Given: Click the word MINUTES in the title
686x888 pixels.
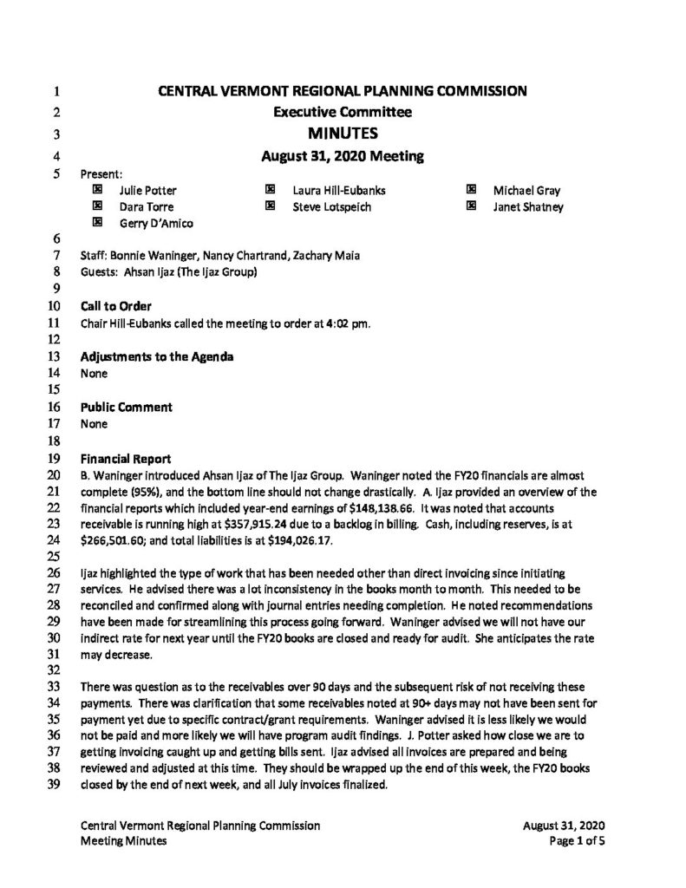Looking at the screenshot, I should [x=343, y=134].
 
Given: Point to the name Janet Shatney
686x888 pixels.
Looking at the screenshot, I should [x=528, y=206].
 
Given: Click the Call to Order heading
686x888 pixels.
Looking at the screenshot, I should [x=115, y=306].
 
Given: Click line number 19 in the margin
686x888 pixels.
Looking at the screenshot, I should [x=55, y=458].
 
